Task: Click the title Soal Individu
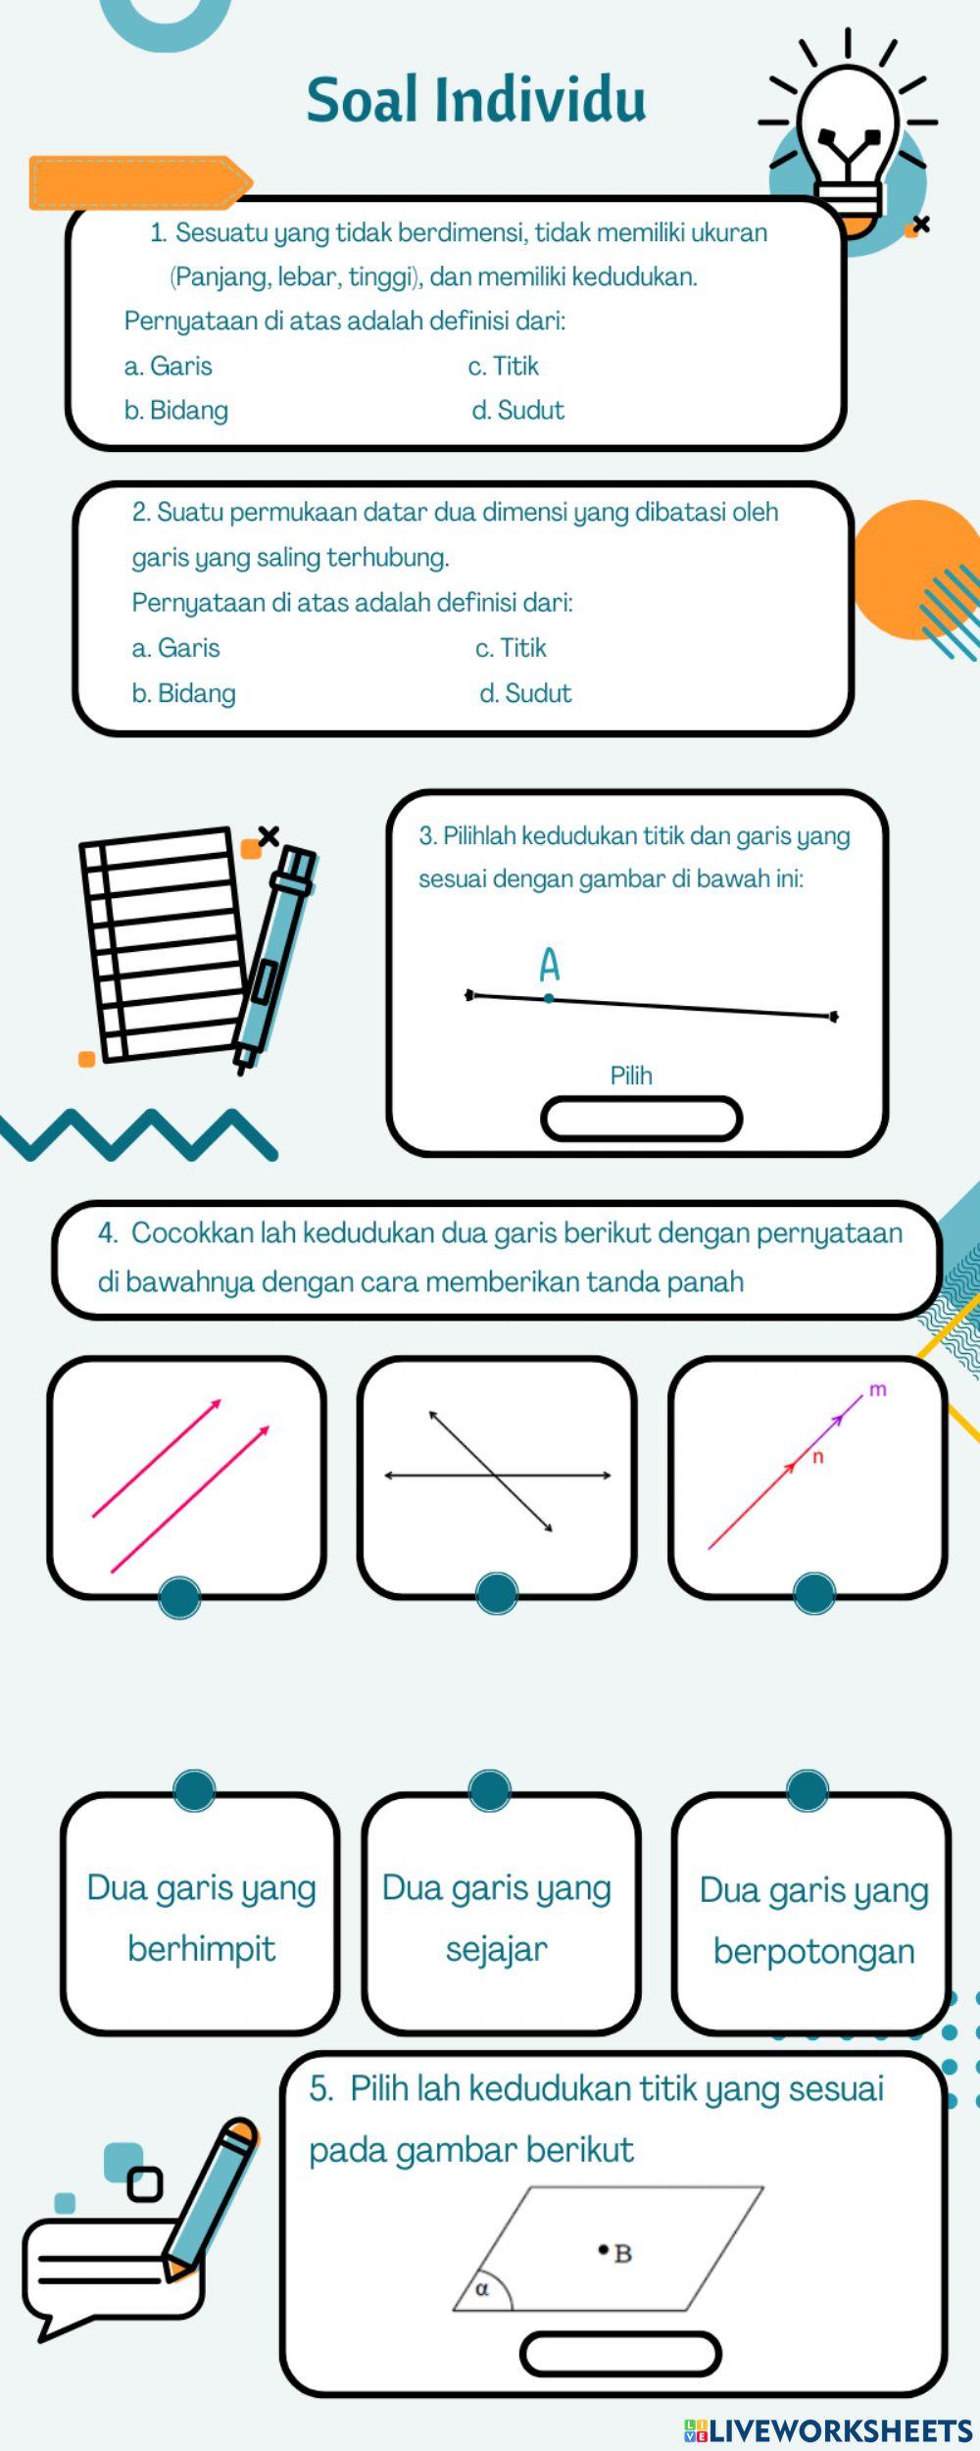click(x=476, y=100)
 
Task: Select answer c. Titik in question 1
click(x=504, y=367)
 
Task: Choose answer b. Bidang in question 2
click(x=183, y=694)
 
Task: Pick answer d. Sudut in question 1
click(x=518, y=411)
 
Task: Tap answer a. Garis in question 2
click(x=176, y=648)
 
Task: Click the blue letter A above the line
click(x=550, y=966)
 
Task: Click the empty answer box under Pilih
click(x=642, y=1120)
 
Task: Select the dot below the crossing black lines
click(x=496, y=1593)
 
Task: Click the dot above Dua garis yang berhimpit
click(x=194, y=1789)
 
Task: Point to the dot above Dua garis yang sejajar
click(x=490, y=1789)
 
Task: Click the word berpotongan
click(x=813, y=1952)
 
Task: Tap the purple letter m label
click(x=878, y=1389)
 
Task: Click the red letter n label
click(x=818, y=1458)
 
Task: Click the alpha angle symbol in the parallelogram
click(x=481, y=2289)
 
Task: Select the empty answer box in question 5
click(x=620, y=2354)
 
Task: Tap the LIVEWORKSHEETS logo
click(x=828, y=2430)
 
